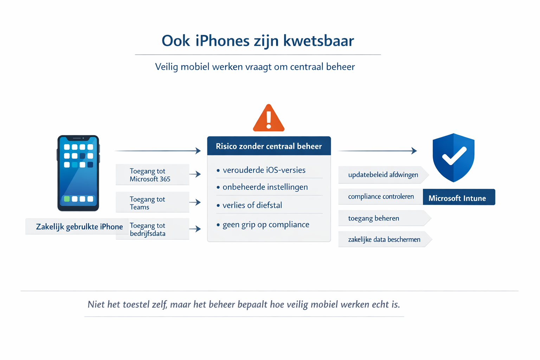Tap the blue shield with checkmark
[x=454, y=157]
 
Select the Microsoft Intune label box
[x=458, y=197]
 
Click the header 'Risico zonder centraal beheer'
[x=269, y=146]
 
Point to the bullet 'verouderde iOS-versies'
[x=264, y=170]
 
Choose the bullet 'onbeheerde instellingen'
[x=265, y=187]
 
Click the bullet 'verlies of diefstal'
[x=252, y=205]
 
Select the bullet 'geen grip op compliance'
[x=266, y=225]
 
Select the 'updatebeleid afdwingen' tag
[x=383, y=175]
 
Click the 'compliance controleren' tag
[x=381, y=197]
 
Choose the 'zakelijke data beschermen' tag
[x=384, y=239]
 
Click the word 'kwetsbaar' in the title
[x=318, y=41]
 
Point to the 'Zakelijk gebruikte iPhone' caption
[x=79, y=227]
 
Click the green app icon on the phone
[x=67, y=199]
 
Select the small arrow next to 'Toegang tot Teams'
[x=195, y=202]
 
